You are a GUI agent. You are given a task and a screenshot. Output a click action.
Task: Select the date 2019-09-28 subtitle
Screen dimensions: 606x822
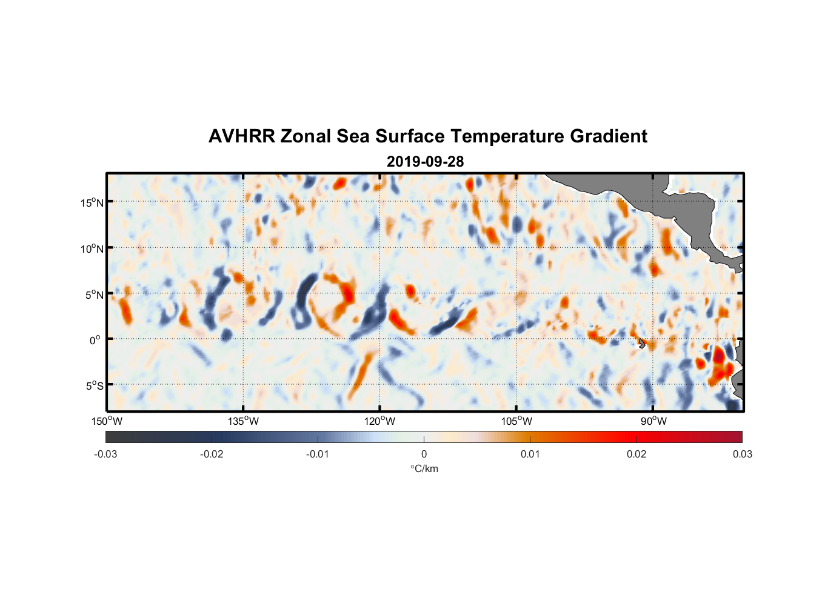(x=425, y=162)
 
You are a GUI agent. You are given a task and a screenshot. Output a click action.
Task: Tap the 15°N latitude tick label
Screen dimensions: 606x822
(x=92, y=202)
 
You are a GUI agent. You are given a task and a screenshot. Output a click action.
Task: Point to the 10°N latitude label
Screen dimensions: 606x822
(x=92, y=248)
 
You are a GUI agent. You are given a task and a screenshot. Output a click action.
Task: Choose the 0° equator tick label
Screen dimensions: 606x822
(x=95, y=341)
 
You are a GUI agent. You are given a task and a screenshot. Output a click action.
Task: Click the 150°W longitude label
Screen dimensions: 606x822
(x=107, y=421)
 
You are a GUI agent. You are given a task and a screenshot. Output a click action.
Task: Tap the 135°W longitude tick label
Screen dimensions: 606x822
(x=243, y=421)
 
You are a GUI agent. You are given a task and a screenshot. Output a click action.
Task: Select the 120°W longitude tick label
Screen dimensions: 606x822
(x=379, y=421)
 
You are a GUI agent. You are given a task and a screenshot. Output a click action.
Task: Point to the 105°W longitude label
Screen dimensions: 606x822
(x=516, y=421)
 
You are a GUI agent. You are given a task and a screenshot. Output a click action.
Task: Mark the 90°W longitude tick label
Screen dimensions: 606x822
(x=653, y=421)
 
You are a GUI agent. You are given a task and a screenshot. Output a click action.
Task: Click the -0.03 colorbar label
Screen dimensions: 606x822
(x=105, y=454)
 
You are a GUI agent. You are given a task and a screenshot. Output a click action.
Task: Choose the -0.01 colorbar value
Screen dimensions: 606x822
(x=317, y=454)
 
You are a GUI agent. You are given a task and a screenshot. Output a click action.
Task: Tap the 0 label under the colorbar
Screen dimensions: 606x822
(x=424, y=454)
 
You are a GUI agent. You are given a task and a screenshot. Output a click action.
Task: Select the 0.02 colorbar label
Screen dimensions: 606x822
(x=636, y=454)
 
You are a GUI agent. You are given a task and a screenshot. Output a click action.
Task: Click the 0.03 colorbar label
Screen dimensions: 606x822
(x=742, y=454)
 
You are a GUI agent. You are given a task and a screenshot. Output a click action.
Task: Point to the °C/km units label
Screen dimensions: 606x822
(x=424, y=468)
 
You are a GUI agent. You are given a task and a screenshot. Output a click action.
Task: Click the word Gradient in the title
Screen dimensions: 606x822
(x=609, y=136)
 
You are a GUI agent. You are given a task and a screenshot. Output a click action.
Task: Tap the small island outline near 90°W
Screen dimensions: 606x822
(x=641, y=344)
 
